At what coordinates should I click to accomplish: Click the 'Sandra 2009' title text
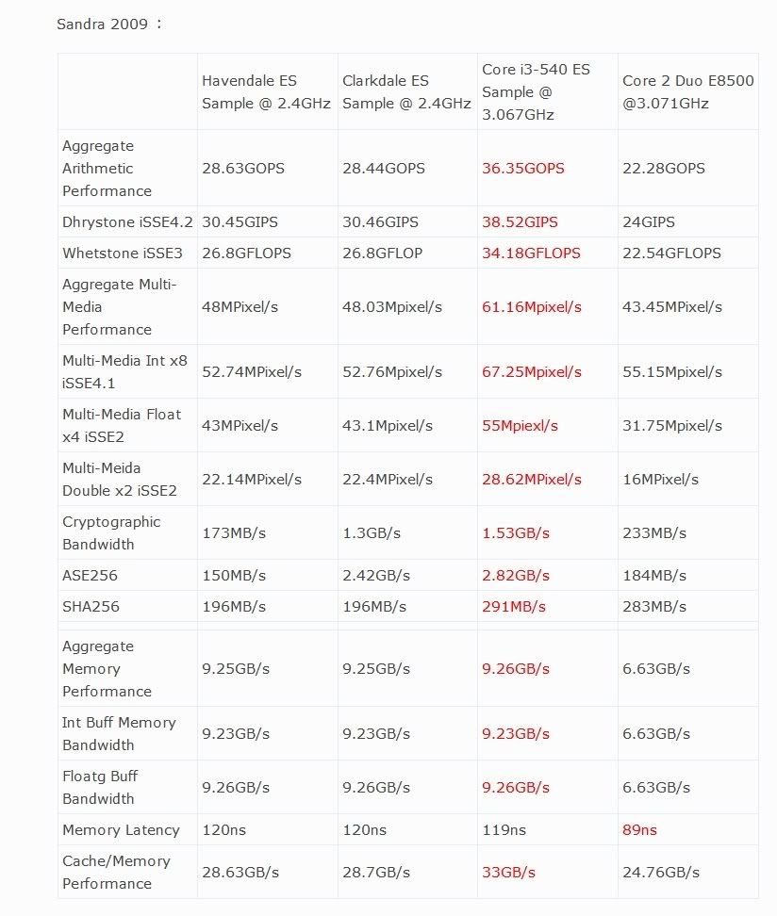pyautogui.click(x=103, y=24)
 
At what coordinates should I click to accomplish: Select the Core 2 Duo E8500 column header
pyautogui.click(x=688, y=92)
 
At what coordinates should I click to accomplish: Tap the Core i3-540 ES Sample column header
pyautogui.click(x=536, y=92)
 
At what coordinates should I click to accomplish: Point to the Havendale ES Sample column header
pyautogui.click(x=266, y=92)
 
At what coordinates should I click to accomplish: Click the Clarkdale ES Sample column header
pyautogui.click(x=406, y=92)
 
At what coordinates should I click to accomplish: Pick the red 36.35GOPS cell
pyautogui.click(x=522, y=169)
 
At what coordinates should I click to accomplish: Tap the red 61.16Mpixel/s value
pyautogui.click(x=531, y=307)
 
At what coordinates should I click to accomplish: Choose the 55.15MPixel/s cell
pyautogui.click(x=672, y=372)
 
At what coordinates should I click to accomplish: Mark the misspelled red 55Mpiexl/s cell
pyautogui.click(x=520, y=426)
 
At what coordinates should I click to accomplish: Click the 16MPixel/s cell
pyautogui.click(x=660, y=480)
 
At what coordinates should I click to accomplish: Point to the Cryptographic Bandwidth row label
pyautogui.click(x=111, y=533)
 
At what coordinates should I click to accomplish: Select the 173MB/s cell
pyautogui.click(x=234, y=533)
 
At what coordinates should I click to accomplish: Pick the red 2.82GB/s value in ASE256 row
pyautogui.click(x=515, y=576)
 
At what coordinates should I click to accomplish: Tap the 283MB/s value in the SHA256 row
pyautogui.click(x=654, y=607)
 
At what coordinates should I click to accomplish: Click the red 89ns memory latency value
pyautogui.click(x=639, y=830)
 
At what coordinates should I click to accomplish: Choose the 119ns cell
pyautogui.click(x=504, y=830)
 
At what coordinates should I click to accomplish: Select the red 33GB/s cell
pyautogui.click(x=508, y=873)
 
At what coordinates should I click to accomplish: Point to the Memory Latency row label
pyautogui.click(x=121, y=830)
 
